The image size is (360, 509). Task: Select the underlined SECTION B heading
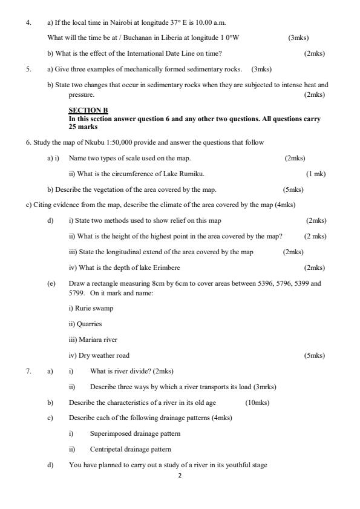pyautogui.click(x=88, y=110)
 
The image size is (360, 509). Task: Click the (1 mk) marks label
pyautogui.click(x=315, y=174)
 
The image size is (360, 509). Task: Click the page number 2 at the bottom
pyautogui.click(x=180, y=475)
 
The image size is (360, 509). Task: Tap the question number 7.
pyautogui.click(x=28, y=371)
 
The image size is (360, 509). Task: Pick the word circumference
pyautogui.click(x=126, y=174)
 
